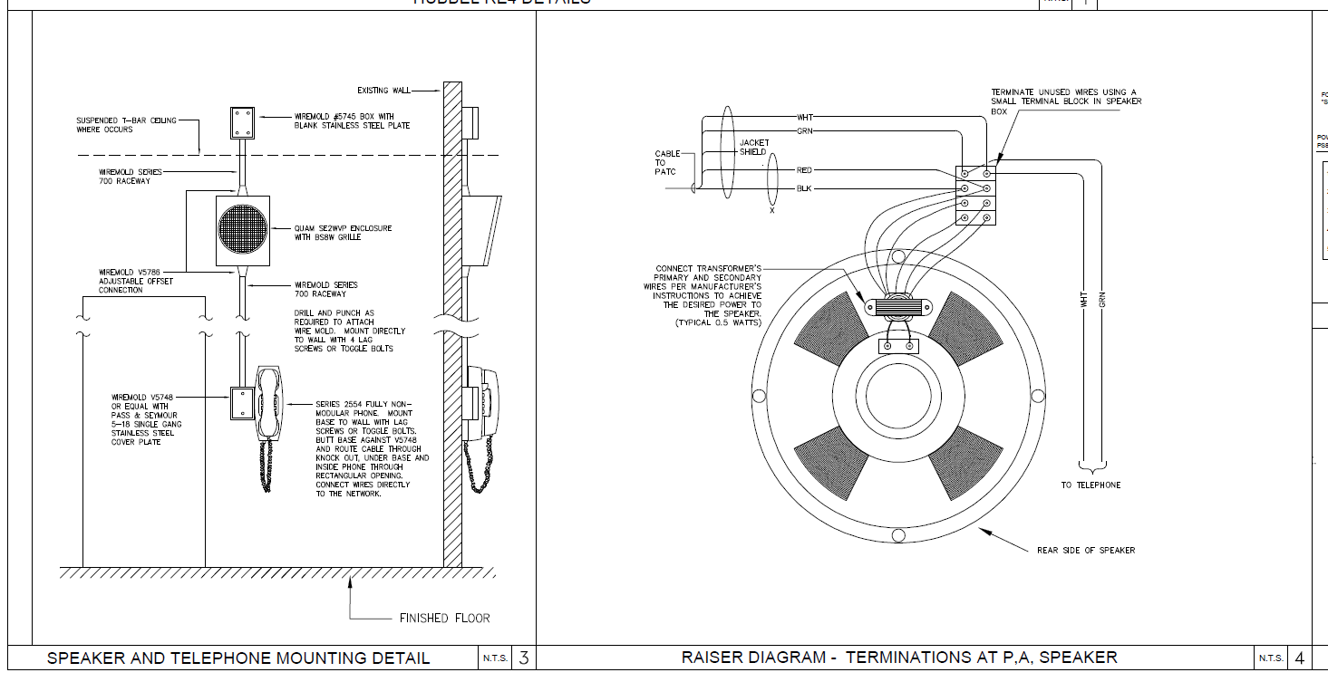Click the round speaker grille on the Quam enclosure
pos(243,230)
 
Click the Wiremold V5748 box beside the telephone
pos(241,403)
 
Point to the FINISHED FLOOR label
pos(444,619)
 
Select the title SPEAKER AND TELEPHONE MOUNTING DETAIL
pos(238,658)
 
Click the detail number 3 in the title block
pos(523,658)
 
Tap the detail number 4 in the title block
pos(1299,658)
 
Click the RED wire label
pos(804,170)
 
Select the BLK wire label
pos(804,188)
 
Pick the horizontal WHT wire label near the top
pos(805,118)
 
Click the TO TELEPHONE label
pos(1091,485)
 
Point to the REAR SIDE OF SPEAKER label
pos(1086,551)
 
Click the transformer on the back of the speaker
pos(898,307)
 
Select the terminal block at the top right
pos(976,195)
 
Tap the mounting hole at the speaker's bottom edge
pos(898,535)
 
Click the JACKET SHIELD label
pos(754,148)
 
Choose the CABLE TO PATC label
pos(667,163)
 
